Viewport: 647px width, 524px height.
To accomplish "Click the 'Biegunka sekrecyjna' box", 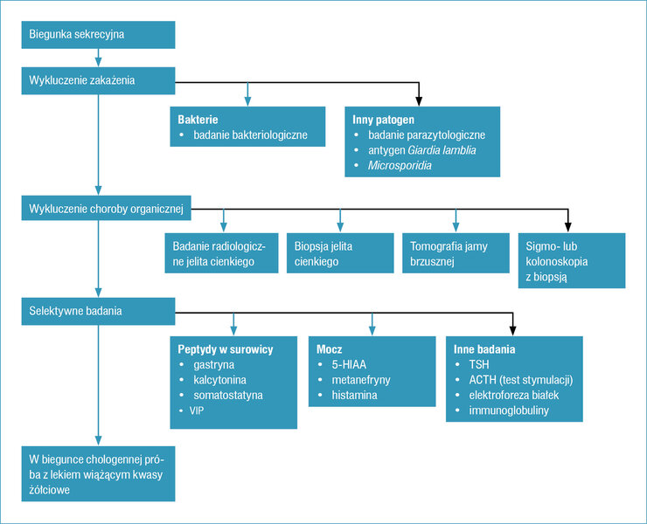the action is tap(98, 35).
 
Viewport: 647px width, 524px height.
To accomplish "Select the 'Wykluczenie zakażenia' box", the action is tap(98, 81).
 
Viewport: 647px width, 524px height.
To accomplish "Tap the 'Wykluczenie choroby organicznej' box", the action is tap(106, 209).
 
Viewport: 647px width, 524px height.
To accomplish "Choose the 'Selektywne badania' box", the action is tap(98, 311).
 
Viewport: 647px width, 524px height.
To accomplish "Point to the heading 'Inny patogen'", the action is tap(383, 120).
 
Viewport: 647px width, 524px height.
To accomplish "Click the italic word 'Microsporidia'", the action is tap(400, 166).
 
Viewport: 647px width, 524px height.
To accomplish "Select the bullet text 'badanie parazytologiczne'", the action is tap(427, 135).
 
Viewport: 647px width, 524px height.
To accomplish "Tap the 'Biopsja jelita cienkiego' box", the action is tap(340, 253).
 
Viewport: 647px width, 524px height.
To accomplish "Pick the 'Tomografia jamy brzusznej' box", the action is tap(456, 253).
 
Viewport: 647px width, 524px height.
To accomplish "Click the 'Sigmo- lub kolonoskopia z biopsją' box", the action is tap(572, 260).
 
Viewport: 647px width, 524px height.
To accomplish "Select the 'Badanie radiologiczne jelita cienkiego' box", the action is tap(221, 253).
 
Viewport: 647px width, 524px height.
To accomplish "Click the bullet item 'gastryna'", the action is tap(213, 365).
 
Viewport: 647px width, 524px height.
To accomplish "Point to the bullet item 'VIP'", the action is tap(197, 410).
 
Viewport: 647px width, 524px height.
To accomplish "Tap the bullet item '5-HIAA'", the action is tap(349, 365).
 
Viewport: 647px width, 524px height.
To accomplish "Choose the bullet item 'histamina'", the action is tap(354, 396).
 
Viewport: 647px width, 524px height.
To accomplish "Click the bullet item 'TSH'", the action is tap(479, 365).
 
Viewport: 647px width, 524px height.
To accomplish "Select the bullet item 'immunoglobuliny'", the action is tap(509, 410).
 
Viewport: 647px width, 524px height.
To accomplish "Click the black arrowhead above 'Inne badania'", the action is tap(512, 331).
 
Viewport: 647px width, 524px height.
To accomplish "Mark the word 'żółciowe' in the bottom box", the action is tap(49, 490).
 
